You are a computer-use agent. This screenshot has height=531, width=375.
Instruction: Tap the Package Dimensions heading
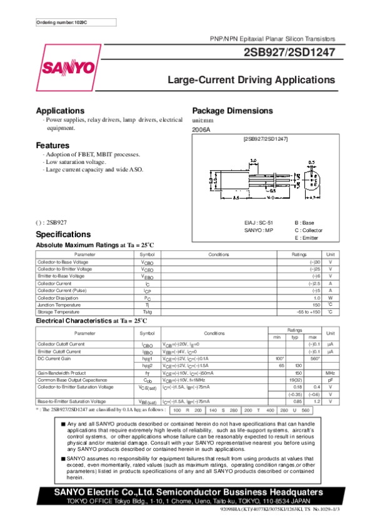[234, 110]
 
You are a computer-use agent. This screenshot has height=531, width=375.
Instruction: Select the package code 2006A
[201, 129]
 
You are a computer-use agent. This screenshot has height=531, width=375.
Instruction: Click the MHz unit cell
[331, 373]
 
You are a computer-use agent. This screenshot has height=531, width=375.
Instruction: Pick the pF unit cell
[331, 380]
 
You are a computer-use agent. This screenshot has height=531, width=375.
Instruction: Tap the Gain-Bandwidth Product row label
[64, 373]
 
